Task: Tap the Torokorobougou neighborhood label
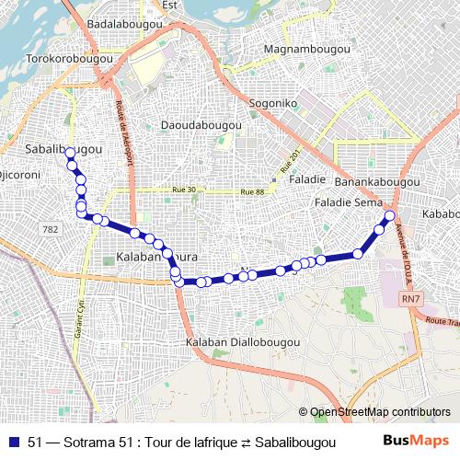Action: click(62, 57)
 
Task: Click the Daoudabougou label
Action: click(201, 124)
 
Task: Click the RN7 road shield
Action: click(411, 300)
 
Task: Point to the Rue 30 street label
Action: click(184, 190)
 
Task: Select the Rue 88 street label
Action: click(252, 191)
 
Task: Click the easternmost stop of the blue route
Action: click(389, 216)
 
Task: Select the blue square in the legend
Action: click(14, 441)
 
